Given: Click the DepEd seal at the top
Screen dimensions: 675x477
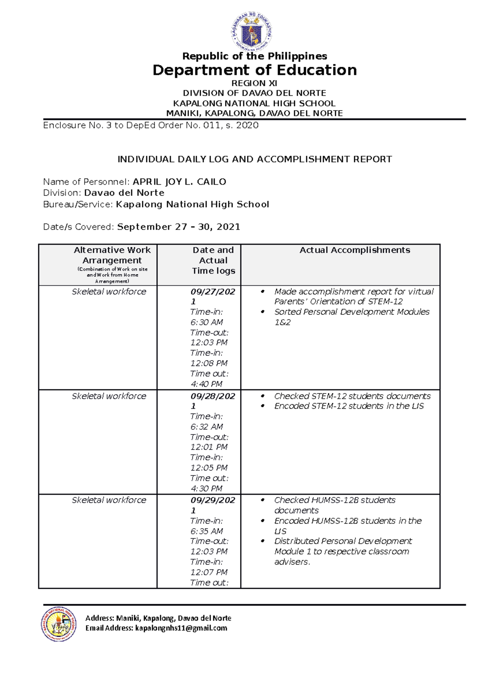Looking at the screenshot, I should pyautogui.click(x=252, y=32).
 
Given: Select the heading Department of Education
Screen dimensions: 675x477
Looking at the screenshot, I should pyautogui.click(x=254, y=70).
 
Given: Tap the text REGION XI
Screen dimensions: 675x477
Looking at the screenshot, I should pyautogui.click(x=254, y=83).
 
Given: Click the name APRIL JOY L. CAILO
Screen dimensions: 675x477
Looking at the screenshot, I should pyautogui.click(x=179, y=182).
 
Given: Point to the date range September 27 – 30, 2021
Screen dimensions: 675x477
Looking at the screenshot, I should pyautogui.click(x=178, y=227).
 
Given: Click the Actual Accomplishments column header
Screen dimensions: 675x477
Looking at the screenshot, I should pyautogui.click(x=355, y=250).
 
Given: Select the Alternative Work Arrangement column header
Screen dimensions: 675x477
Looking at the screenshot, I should pyautogui.click(x=112, y=255).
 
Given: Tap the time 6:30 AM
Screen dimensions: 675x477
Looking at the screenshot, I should pyautogui.click(x=206, y=322).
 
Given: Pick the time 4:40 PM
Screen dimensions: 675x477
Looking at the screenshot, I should pyautogui.click(x=206, y=384).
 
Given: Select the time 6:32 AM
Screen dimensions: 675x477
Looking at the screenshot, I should pyautogui.click(x=206, y=427).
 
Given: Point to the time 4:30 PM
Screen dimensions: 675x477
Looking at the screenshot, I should pyautogui.click(x=206, y=489).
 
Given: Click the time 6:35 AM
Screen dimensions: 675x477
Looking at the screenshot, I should pyautogui.click(x=206, y=531).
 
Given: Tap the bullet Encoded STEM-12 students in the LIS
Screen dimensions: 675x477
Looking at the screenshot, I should pyautogui.click(x=349, y=406).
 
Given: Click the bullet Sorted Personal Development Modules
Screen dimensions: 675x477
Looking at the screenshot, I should pyautogui.click(x=351, y=312).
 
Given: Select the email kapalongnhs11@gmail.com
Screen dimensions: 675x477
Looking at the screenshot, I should pyautogui.click(x=181, y=628).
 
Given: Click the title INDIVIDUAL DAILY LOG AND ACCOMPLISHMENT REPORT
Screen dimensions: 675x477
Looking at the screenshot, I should pyautogui.click(x=254, y=159).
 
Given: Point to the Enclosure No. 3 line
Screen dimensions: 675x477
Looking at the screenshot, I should pyautogui.click(x=151, y=126).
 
